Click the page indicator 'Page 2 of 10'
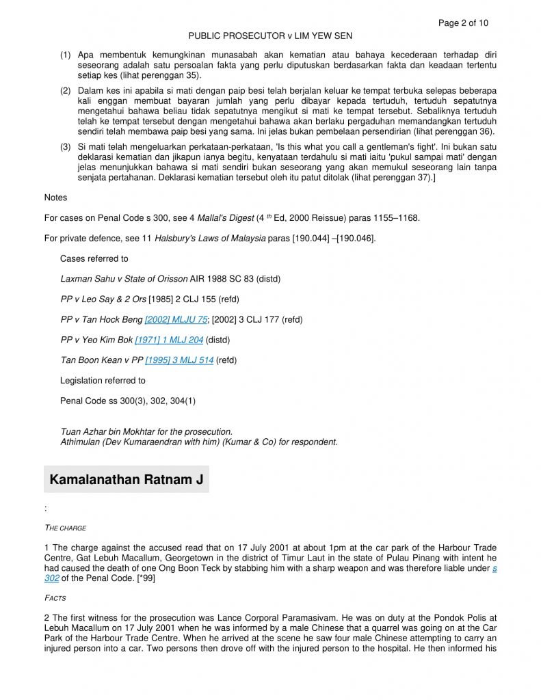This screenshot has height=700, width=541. pos(463,23)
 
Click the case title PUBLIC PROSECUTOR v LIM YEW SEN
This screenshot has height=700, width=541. pos(270,36)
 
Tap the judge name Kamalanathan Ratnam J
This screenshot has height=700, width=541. pos(127,479)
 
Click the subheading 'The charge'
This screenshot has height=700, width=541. pos(65,528)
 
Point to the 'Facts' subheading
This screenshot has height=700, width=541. pos(55,597)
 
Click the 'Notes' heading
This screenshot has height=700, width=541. pos(55,198)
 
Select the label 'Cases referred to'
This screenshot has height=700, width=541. pos(94,259)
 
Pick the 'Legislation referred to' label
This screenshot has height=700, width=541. pos(103,381)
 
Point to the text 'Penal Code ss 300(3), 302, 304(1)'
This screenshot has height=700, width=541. pos(128,401)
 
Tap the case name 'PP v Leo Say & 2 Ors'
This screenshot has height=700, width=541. pos(103,299)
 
